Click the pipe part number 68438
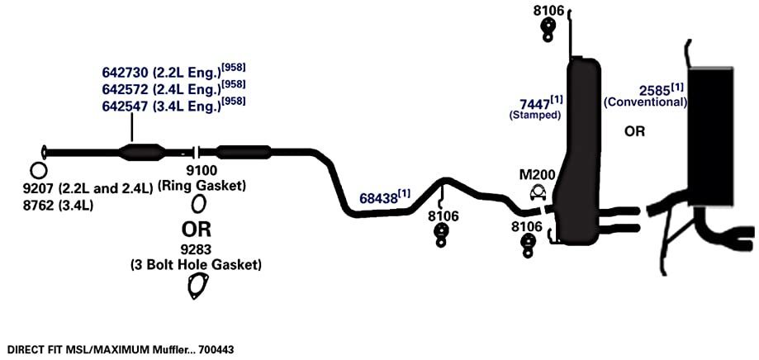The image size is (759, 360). [378, 198]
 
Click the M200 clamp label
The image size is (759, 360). [538, 175]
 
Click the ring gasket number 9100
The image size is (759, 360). [202, 170]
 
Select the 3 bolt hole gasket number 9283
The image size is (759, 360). [196, 249]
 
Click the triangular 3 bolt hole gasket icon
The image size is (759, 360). [197, 287]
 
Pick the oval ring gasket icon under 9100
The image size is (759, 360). [198, 204]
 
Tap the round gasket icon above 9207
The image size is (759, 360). [39, 170]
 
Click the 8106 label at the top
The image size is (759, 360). [549, 10]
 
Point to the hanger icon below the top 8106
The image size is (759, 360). [548, 30]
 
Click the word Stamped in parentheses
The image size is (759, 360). [535, 116]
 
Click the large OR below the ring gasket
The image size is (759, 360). [196, 230]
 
